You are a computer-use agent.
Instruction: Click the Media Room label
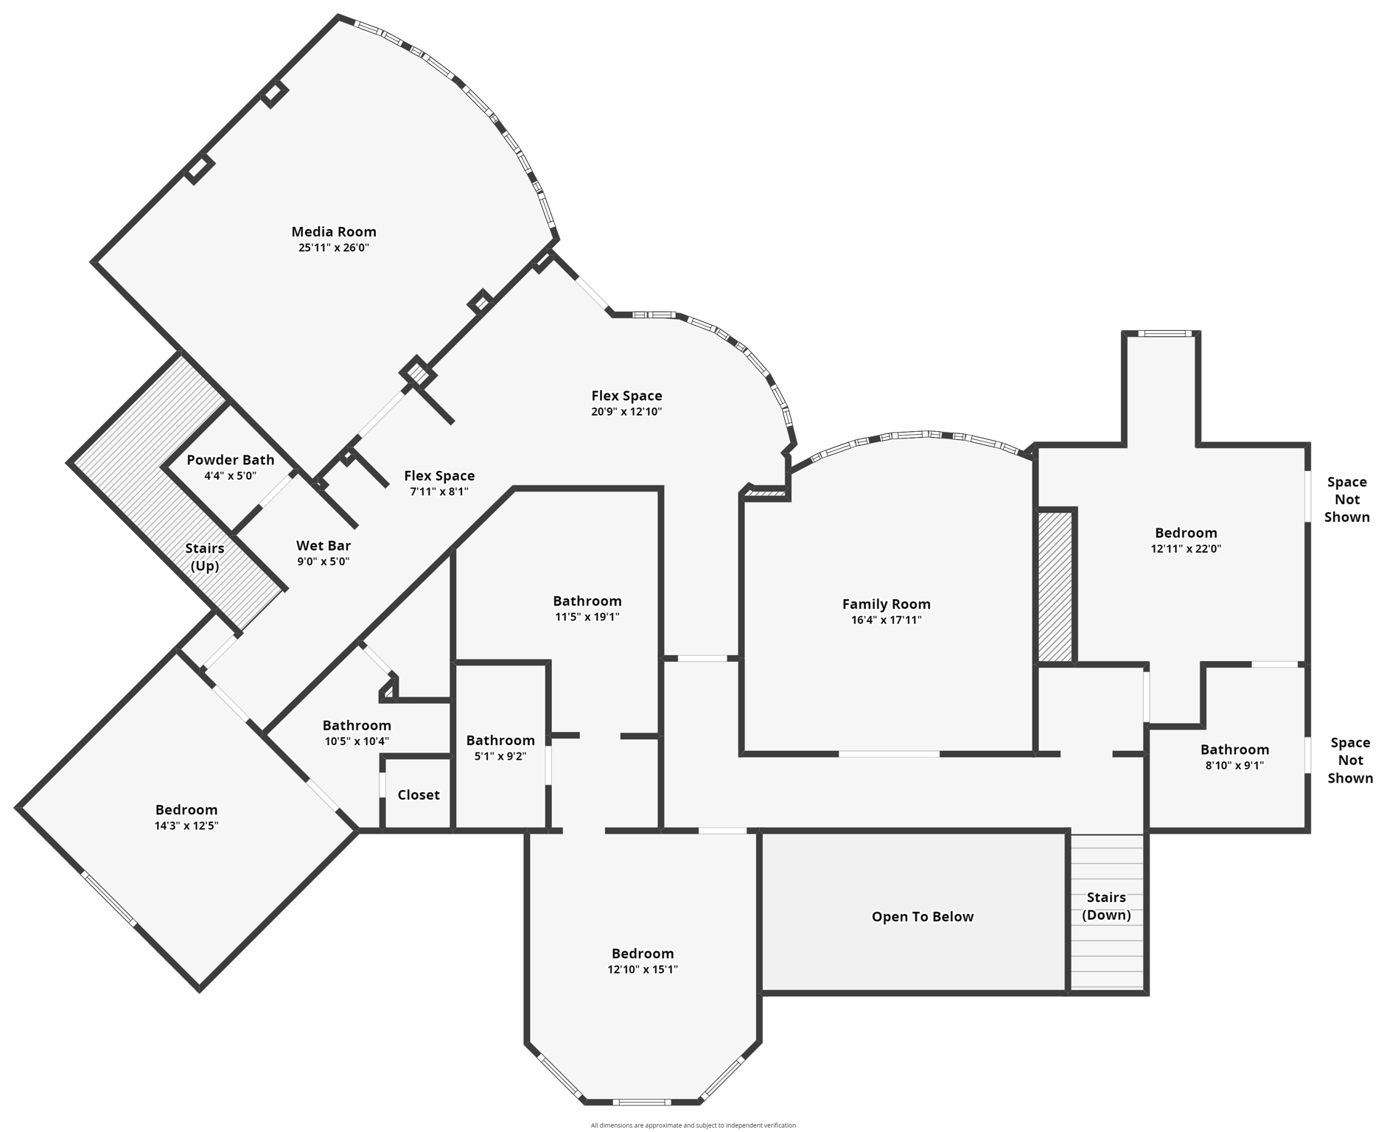[333, 232]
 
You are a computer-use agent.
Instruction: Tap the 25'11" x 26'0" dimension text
[333, 248]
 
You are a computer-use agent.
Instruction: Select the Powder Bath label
[230, 460]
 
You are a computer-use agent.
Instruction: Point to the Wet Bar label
[323, 546]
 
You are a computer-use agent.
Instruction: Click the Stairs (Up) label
[204, 557]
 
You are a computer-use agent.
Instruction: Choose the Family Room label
[886, 604]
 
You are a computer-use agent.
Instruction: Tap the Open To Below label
[922, 917]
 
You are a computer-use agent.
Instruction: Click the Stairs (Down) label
[1105, 906]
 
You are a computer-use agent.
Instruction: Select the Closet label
[418, 794]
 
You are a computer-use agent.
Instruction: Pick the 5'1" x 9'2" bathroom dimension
[500, 756]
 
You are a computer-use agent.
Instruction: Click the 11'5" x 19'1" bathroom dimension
[587, 617]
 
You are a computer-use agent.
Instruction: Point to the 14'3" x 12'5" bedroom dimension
[186, 825]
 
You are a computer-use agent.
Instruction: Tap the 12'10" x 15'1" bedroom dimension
[642, 970]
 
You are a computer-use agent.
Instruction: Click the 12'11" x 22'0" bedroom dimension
[1185, 548]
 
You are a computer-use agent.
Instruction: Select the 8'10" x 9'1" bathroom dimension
[1234, 765]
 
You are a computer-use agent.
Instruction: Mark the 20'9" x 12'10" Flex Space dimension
[626, 412]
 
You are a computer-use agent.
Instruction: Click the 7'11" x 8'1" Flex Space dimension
[439, 492]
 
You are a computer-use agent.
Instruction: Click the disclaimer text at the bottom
[693, 1125]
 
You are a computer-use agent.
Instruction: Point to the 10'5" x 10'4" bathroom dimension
[356, 741]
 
